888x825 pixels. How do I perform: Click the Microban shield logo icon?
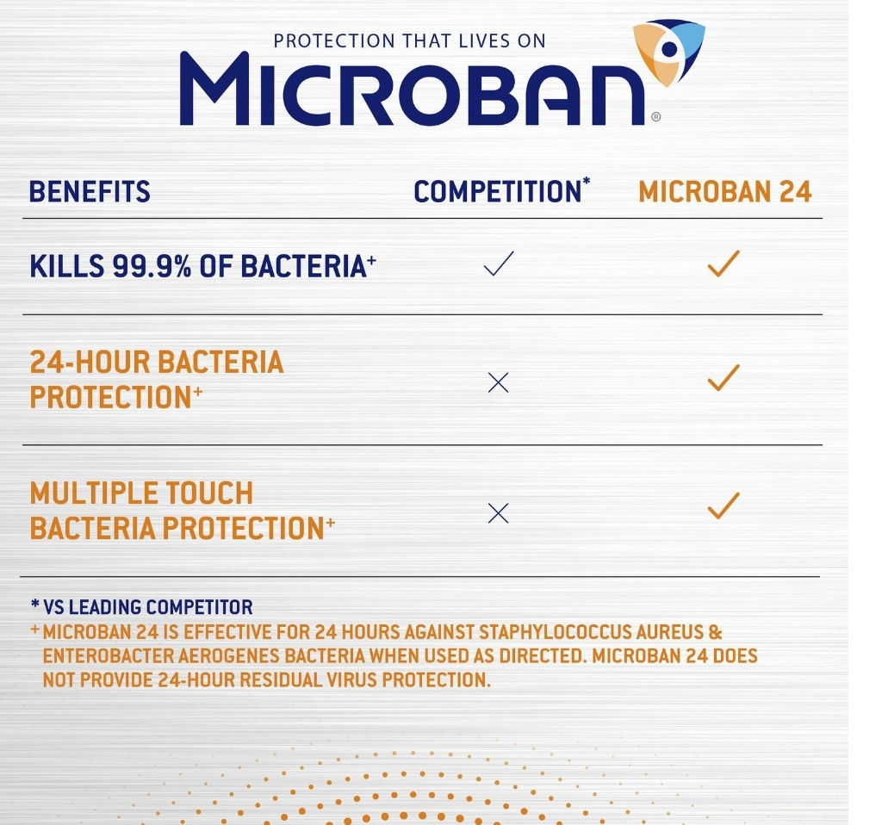tap(669, 53)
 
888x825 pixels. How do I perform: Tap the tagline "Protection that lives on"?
tap(409, 40)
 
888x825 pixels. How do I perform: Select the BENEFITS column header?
tap(90, 191)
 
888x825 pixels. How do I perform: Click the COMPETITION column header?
tap(498, 191)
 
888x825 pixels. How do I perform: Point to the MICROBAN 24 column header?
tap(725, 191)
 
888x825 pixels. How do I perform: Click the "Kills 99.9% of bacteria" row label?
tap(202, 266)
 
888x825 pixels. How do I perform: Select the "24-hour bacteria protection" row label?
tap(156, 380)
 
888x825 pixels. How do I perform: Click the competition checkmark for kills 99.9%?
tap(499, 264)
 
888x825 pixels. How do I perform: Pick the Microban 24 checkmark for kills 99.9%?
tap(723, 264)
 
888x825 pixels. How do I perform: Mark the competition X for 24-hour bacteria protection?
tap(499, 382)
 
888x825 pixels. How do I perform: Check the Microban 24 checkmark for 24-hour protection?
tap(723, 378)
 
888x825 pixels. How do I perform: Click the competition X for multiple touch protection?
tap(499, 513)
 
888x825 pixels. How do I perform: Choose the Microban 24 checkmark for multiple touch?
tap(723, 506)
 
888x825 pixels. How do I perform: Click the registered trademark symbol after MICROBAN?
tap(655, 116)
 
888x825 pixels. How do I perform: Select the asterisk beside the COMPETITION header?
tap(587, 181)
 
